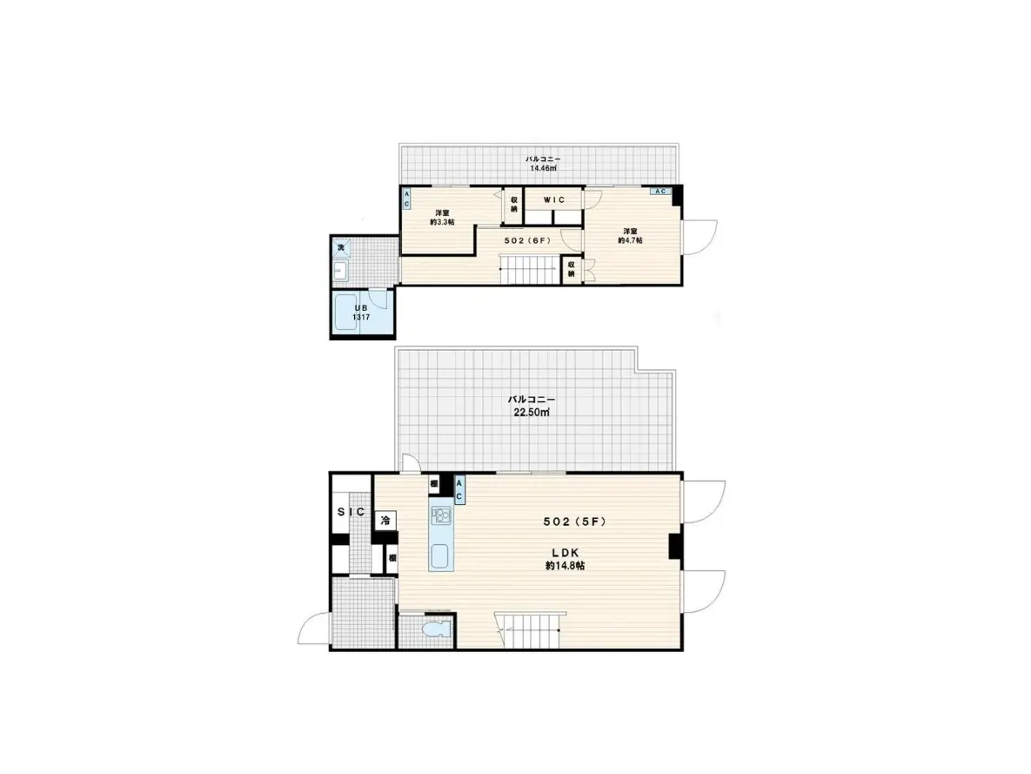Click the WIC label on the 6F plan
tap(554, 199)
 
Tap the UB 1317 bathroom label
tap(360, 312)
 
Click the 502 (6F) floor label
tap(527, 239)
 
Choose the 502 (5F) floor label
tap(572, 522)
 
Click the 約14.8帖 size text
tap(565, 565)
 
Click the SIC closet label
tap(351, 512)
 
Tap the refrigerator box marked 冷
tap(385, 521)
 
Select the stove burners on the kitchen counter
tap(441, 515)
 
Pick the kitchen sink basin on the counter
tap(441, 555)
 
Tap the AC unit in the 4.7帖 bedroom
tap(659, 191)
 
